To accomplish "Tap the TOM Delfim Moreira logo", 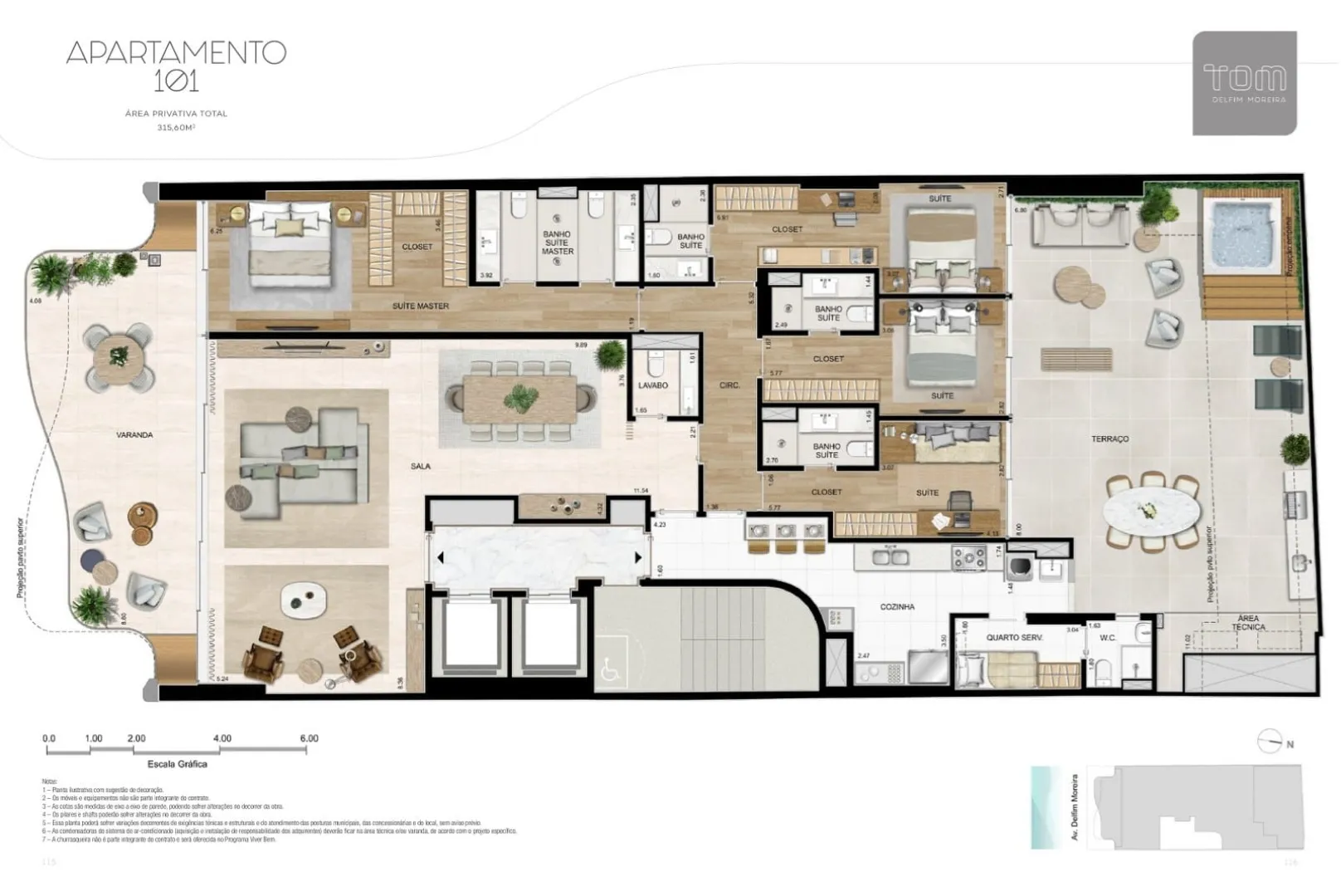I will point(1244,83).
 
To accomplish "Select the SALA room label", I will point(421,467).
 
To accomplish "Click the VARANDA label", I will point(134,435).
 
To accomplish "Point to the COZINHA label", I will point(897,607).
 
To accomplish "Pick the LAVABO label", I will point(653,386).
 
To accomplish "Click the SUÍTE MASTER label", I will point(421,306).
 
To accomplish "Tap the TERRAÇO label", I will point(1110,439).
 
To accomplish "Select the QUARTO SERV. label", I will point(1014,638).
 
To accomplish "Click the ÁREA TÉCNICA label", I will point(1248,623).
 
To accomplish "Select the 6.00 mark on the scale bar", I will point(309,738).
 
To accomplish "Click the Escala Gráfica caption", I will point(177,764).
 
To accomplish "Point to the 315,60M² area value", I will point(176,128).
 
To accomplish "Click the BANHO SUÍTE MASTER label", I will point(558,243).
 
